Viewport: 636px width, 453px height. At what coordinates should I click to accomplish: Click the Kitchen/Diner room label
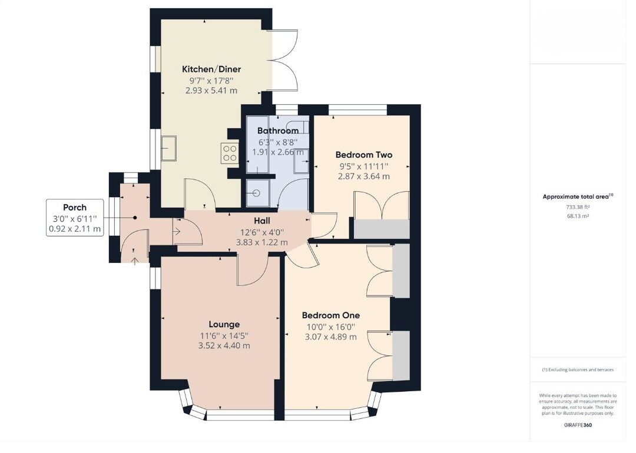[211, 69]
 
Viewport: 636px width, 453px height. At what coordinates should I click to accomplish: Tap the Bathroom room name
[278, 131]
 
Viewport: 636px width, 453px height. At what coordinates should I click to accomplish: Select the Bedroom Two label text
[363, 155]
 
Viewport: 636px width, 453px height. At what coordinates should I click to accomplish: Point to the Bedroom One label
[330, 315]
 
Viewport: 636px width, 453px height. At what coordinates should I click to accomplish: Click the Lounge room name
[224, 324]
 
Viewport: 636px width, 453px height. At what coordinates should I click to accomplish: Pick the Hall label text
[262, 220]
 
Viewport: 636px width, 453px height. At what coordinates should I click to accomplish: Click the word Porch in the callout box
[75, 207]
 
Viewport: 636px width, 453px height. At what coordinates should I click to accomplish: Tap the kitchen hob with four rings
[229, 154]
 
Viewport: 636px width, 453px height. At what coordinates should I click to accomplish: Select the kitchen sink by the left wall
[170, 148]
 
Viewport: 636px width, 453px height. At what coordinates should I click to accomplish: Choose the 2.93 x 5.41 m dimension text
[211, 91]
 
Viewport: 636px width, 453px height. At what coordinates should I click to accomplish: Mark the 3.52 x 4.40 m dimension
[224, 346]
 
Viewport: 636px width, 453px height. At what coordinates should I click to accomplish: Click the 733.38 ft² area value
[578, 207]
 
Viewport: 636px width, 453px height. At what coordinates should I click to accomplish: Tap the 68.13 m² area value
[578, 216]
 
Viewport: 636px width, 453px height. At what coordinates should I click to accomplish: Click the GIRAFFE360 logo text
[578, 424]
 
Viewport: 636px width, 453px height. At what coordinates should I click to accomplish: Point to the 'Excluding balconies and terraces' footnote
[578, 370]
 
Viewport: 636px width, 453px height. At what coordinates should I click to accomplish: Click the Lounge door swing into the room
[251, 271]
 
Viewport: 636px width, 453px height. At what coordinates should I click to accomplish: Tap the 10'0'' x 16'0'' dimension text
[330, 327]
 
